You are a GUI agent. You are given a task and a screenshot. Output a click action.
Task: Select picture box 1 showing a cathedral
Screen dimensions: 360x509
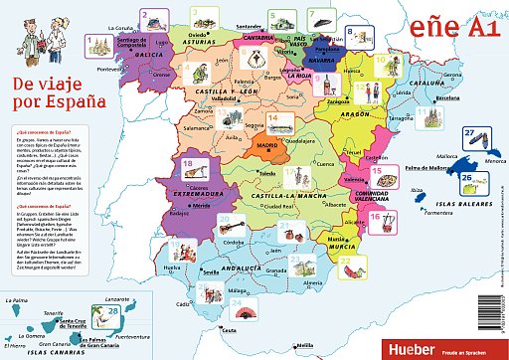coord(95,47)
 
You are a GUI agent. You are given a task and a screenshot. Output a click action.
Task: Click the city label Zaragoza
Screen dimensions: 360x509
coord(339,101)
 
